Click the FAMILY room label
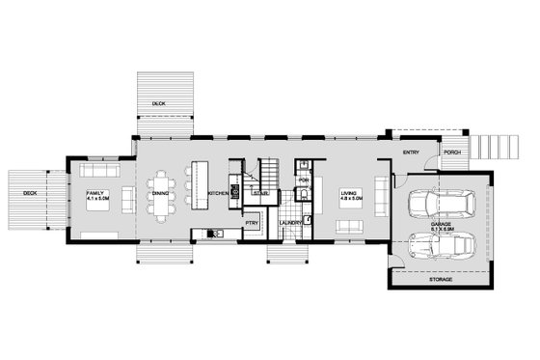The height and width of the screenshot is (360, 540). pyautogui.click(x=94, y=193)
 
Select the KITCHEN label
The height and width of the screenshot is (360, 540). pyautogui.click(x=217, y=194)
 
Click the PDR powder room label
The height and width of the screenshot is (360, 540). pyautogui.click(x=303, y=179)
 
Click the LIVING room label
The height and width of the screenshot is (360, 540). pyautogui.click(x=348, y=193)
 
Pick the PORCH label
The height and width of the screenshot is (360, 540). pyautogui.click(x=451, y=152)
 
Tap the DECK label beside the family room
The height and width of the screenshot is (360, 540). pyautogui.click(x=30, y=193)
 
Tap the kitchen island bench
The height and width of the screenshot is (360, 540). pyautogui.click(x=200, y=182)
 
